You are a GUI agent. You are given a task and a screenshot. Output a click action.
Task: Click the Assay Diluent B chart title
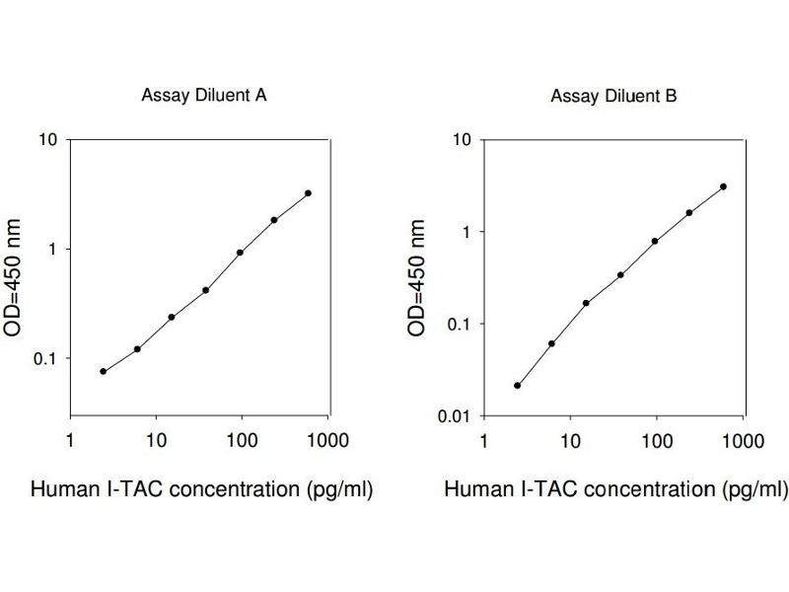point(613,96)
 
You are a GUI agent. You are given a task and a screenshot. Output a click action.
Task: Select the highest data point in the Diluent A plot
point(309,193)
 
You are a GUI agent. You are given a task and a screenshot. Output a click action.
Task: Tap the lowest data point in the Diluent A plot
point(103,371)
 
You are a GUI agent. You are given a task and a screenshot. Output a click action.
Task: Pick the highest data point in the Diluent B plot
point(724,186)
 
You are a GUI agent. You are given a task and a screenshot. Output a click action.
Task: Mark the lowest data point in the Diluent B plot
point(517,385)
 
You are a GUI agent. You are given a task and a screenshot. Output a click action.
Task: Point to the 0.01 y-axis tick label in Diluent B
point(454,416)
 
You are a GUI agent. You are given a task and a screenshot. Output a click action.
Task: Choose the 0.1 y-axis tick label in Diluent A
point(46,358)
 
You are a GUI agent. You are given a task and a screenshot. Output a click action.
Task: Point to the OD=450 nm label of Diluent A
point(15,278)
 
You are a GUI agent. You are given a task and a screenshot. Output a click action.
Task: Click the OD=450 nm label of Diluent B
point(418,278)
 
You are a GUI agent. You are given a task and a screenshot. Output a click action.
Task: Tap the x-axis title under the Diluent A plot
point(202,489)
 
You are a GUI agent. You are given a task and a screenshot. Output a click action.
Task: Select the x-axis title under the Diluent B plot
point(615,489)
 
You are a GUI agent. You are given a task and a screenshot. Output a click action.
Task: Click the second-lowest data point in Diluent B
point(551,343)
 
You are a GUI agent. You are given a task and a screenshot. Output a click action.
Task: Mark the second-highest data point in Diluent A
point(274,220)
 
